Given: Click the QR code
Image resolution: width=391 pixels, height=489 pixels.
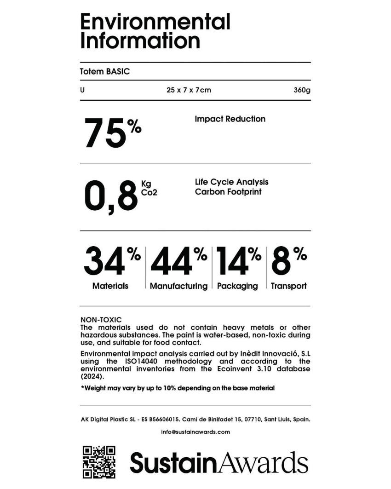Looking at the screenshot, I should coord(99,462).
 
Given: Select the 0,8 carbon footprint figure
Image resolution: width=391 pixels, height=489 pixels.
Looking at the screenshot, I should coord(111,197).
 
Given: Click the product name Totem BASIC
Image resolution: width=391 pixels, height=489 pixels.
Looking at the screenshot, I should coord(105,71).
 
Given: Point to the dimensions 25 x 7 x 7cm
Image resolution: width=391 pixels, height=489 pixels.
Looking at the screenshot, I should coord(189,90).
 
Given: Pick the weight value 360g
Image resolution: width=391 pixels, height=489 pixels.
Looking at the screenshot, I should coord(302,90).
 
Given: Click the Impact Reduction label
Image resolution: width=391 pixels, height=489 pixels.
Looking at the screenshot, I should coord(230,119).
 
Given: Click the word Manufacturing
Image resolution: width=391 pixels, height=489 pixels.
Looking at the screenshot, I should coord(178,286).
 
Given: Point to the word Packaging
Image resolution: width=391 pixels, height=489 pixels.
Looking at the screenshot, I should coord(237,286).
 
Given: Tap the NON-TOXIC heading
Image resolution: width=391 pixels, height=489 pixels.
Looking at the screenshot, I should coord(101,319).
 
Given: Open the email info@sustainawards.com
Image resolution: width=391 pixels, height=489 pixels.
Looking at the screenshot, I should coord(195,432).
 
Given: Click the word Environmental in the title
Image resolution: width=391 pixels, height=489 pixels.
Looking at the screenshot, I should coord(155,22).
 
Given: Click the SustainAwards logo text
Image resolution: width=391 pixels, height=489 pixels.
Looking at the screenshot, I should coord(219,462).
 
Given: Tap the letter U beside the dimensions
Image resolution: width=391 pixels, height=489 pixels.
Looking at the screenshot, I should coord(82,90).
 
